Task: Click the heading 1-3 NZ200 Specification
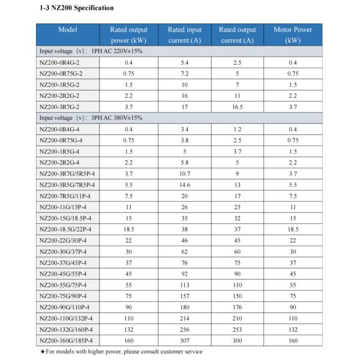(75, 8)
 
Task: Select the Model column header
(67, 29)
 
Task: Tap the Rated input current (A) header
(184, 35)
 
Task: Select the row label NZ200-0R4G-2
(59, 62)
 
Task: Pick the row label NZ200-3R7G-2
(59, 107)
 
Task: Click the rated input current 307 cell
(184, 341)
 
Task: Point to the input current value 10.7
(184, 173)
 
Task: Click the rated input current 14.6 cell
(184, 185)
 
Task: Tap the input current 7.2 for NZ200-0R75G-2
(184, 74)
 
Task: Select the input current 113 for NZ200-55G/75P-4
(184, 285)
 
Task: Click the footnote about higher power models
(121, 352)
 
